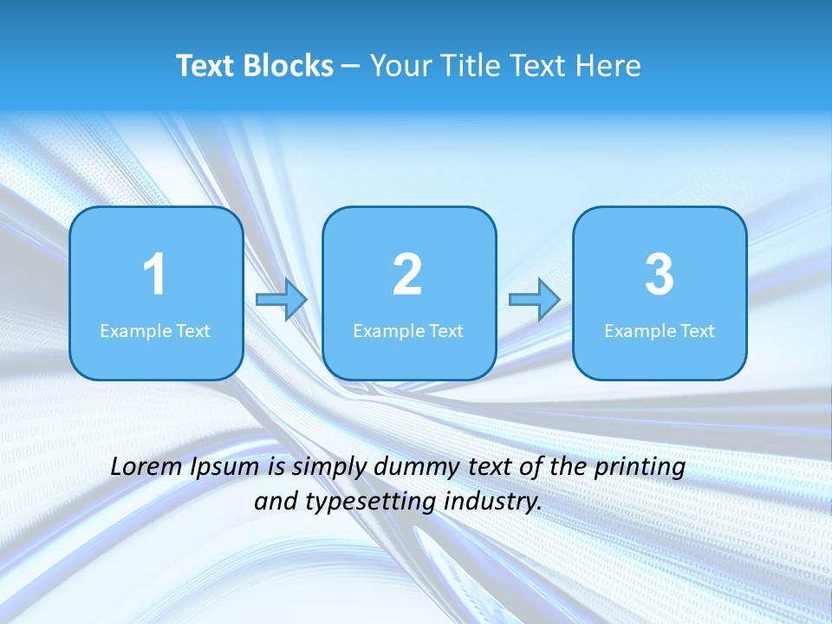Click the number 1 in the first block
click(155, 275)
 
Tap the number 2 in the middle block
click(407, 275)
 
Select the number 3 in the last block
click(660, 275)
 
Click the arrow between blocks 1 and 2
click(282, 300)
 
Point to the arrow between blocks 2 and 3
click(534, 300)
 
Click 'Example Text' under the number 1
click(155, 331)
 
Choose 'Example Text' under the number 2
click(408, 331)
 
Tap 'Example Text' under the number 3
click(660, 331)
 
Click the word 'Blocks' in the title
click(288, 66)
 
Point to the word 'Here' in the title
click(607, 66)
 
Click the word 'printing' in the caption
click(640, 468)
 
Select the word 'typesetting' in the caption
click(350, 502)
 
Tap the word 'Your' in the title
click(398, 66)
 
